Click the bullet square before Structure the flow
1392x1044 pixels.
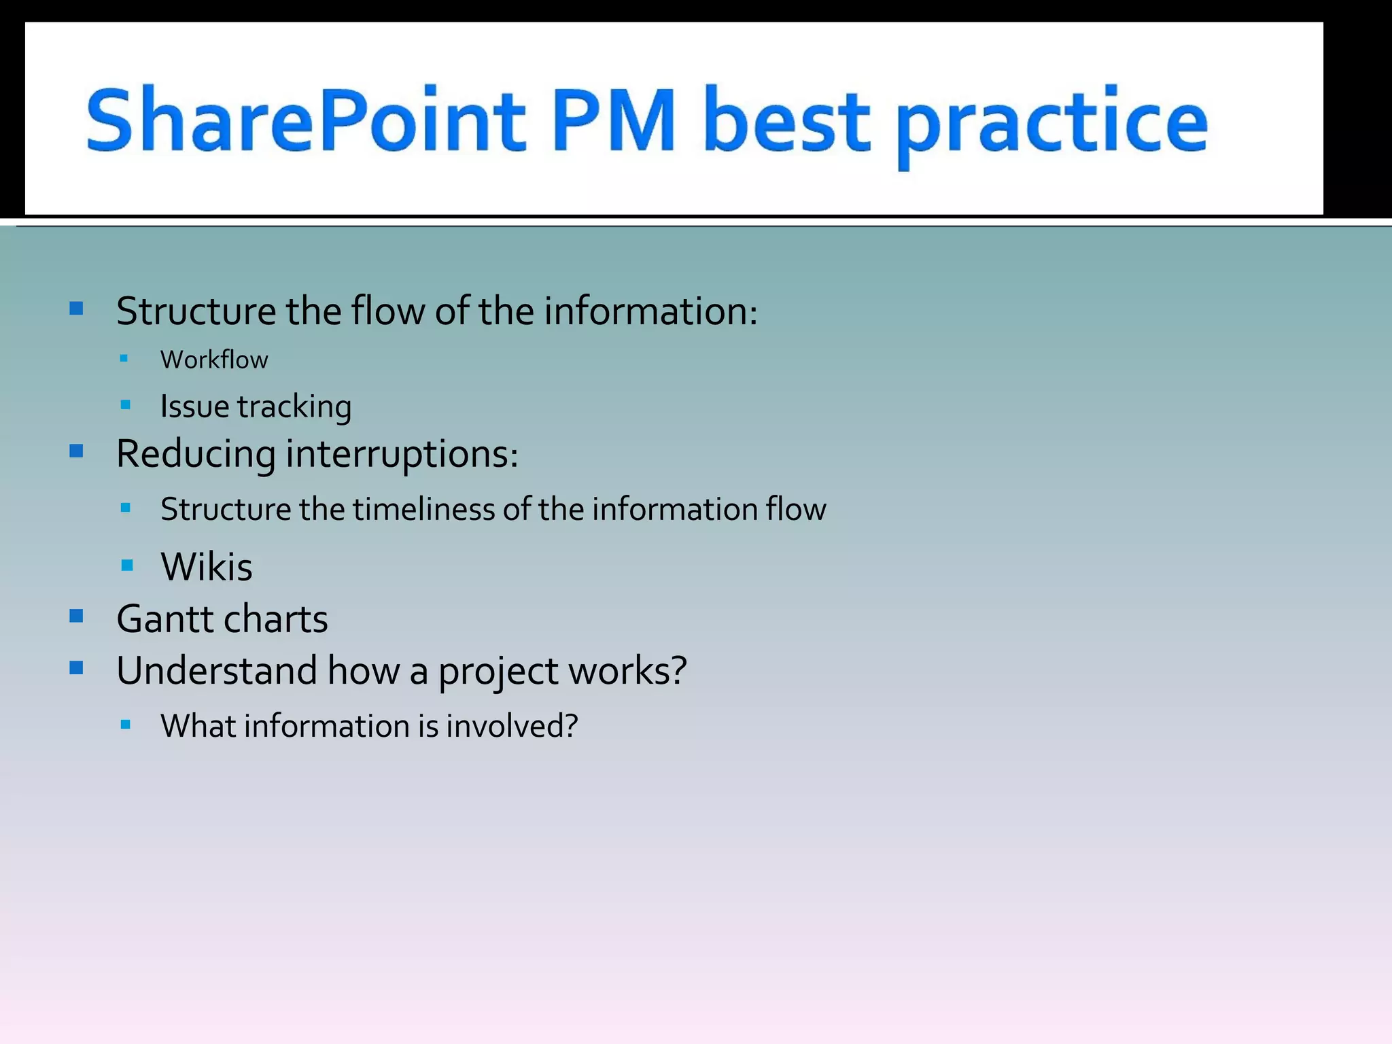coord(76,309)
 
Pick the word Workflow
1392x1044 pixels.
coord(214,360)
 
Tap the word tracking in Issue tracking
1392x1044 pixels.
coord(294,407)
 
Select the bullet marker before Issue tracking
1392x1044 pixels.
coord(125,406)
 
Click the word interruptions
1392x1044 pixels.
coord(402,454)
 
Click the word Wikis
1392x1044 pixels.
coord(207,566)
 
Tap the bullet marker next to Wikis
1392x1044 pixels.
coord(126,565)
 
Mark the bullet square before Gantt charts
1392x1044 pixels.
coord(76,616)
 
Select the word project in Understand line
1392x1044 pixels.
coord(498,672)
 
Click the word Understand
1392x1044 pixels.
coord(217,670)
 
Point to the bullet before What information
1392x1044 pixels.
coord(125,725)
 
